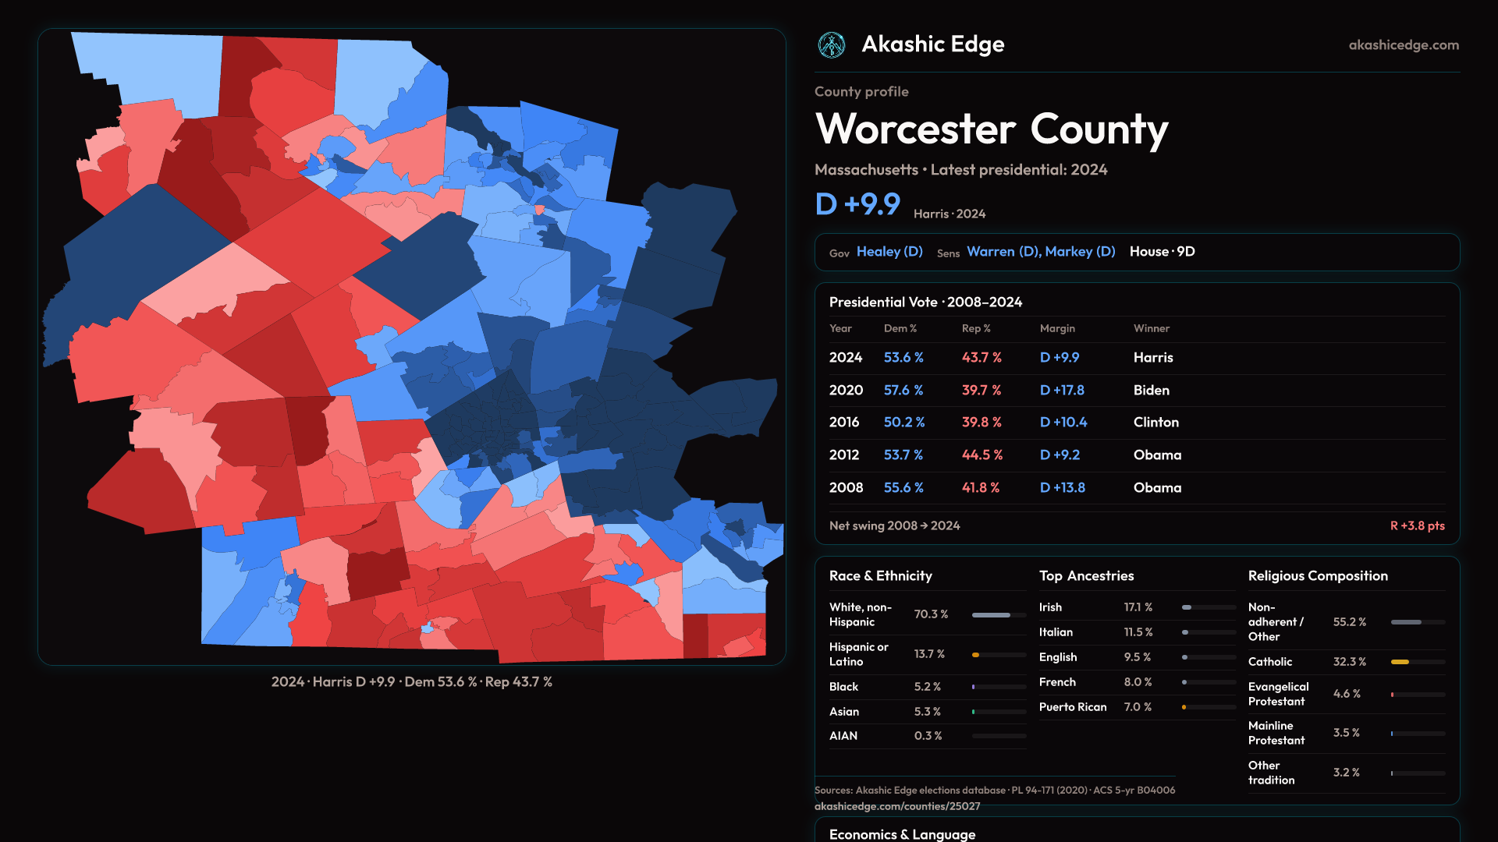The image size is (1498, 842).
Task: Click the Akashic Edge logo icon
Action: click(x=831, y=45)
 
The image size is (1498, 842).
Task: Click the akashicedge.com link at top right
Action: click(x=1404, y=45)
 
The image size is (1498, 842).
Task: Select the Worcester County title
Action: click(x=992, y=129)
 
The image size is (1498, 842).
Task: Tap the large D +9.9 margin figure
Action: click(x=857, y=204)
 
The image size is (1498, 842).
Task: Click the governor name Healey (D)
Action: click(x=889, y=252)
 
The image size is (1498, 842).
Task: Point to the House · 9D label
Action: click(x=1162, y=252)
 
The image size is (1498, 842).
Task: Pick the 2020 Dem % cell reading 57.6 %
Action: click(x=903, y=390)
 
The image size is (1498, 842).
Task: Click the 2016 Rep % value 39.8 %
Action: click(x=982, y=422)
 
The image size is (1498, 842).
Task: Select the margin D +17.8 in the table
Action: click(x=1062, y=390)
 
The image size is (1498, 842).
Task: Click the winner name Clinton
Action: click(x=1155, y=422)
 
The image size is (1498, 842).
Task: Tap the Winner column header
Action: click(x=1151, y=328)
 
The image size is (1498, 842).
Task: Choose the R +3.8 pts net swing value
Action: click(x=1417, y=525)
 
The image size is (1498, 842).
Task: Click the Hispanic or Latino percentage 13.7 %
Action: click(x=929, y=654)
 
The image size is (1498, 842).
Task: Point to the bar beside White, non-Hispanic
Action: click(x=999, y=615)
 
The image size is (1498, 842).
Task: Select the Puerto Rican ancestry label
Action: click(x=1073, y=707)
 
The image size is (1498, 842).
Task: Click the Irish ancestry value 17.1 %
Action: click(x=1138, y=607)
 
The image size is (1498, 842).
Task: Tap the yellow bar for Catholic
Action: click(x=1400, y=662)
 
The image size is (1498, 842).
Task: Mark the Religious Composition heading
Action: click(x=1318, y=576)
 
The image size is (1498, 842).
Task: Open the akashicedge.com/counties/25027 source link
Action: click(x=897, y=806)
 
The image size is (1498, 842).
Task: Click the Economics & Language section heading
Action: click(x=902, y=834)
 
